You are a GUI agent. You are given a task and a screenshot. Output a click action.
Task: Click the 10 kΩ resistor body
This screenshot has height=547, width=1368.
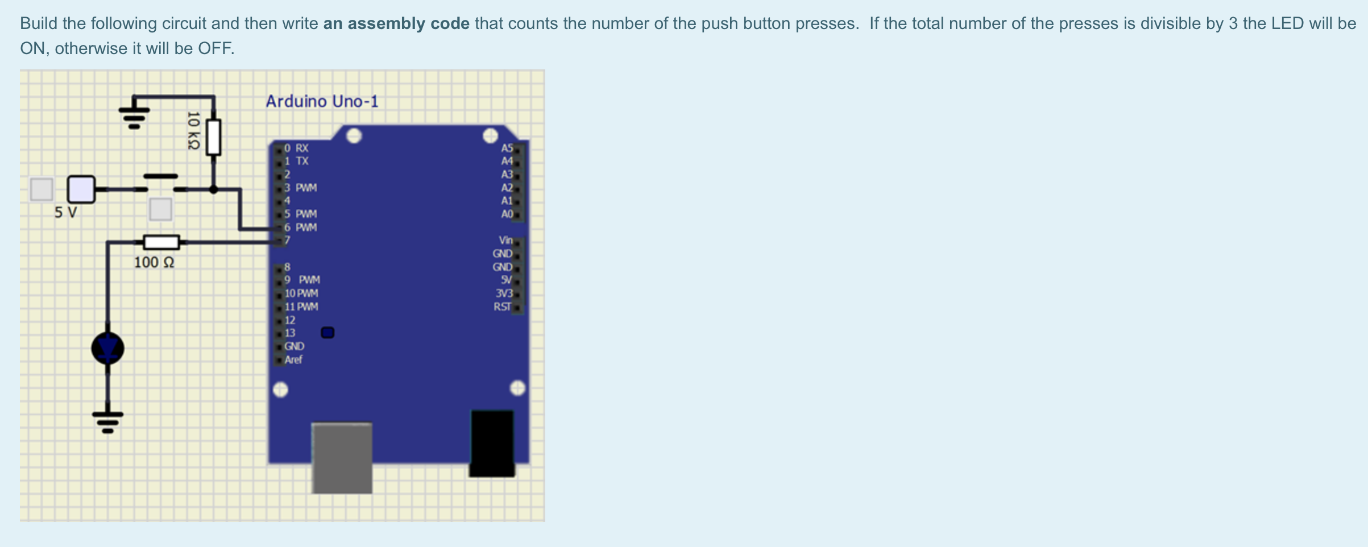[x=213, y=137]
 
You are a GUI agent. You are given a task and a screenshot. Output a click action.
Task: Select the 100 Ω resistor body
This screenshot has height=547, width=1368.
[x=161, y=242]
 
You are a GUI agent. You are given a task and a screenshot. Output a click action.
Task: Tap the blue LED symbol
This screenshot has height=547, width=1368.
[x=107, y=348]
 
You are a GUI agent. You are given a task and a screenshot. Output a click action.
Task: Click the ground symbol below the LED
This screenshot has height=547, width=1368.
[x=107, y=421]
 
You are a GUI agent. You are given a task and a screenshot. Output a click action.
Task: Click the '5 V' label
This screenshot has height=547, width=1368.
[x=65, y=213]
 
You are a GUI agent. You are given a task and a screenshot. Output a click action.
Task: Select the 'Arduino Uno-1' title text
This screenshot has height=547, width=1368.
[x=322, y=101]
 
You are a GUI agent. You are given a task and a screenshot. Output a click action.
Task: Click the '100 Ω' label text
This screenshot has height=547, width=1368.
[x=154, y=262]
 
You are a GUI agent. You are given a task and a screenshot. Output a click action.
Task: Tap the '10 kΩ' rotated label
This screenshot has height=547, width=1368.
[x=193, y=130]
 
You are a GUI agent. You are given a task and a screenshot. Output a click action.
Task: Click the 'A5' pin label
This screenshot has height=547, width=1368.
[x=507, y=148]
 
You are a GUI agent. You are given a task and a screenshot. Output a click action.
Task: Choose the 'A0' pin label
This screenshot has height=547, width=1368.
[x=507, y=214]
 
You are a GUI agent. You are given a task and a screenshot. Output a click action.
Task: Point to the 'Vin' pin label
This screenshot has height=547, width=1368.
[x=505, y=240]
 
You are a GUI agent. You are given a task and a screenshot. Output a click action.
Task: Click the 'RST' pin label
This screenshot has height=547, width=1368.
[x=502, y=306]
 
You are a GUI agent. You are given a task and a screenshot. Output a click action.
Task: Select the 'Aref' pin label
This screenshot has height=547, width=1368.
[x=293, y=359]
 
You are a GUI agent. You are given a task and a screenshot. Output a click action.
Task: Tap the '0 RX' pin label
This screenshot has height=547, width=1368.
[x=296, y=148]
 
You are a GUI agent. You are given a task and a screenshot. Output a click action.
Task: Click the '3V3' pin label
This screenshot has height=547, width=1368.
[x=504, y=293]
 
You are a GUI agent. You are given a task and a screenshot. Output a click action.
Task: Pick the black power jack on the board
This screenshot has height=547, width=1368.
[x=492, y=442]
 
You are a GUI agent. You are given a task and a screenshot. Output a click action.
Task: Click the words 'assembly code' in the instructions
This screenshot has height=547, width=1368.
[x=396, y=23]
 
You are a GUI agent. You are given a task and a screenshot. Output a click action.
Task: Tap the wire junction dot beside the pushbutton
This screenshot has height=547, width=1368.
[x=213, y=189]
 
